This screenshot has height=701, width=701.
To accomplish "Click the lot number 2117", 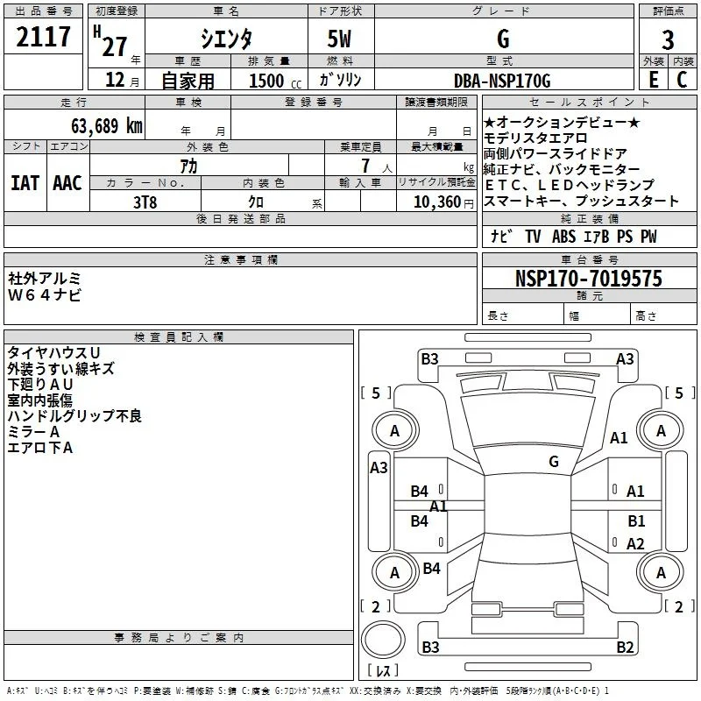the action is tap(43, 37).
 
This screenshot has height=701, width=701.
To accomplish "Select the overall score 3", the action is tap(668, 39).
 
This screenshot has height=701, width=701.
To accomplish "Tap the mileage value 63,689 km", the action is tap(107, 126).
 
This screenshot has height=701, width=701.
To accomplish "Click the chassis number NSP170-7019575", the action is tap(588, 279).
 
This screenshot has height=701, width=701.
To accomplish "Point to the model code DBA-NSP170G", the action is tap(502, 81).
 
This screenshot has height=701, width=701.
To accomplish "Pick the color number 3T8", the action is tap(145, 202).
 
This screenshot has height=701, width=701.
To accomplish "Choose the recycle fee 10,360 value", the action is tap(437, 202).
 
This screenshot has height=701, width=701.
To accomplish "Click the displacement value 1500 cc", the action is tap(275, 81).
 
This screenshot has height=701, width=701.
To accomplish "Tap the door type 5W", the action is tap(339, 39).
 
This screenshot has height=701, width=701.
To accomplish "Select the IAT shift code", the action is tap(25, 183).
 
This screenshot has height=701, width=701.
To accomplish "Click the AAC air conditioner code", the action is tap(67, 183).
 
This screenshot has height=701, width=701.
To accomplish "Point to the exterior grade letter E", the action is tap(654, 80).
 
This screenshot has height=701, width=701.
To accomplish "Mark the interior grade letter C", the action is tap(682, 80).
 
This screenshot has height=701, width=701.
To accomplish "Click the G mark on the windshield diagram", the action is tap(554, 461).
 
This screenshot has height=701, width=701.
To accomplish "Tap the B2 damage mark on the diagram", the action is tap(625, 647).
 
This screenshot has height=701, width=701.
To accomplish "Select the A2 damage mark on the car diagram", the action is tap(635, 543).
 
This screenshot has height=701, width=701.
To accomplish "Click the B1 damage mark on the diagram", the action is tap(637, 520).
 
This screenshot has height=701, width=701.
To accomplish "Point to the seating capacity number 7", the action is tap(365, 166).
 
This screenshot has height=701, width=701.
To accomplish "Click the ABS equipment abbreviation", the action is tap(563, 237).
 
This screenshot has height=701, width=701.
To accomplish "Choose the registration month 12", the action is tap(115, 80).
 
